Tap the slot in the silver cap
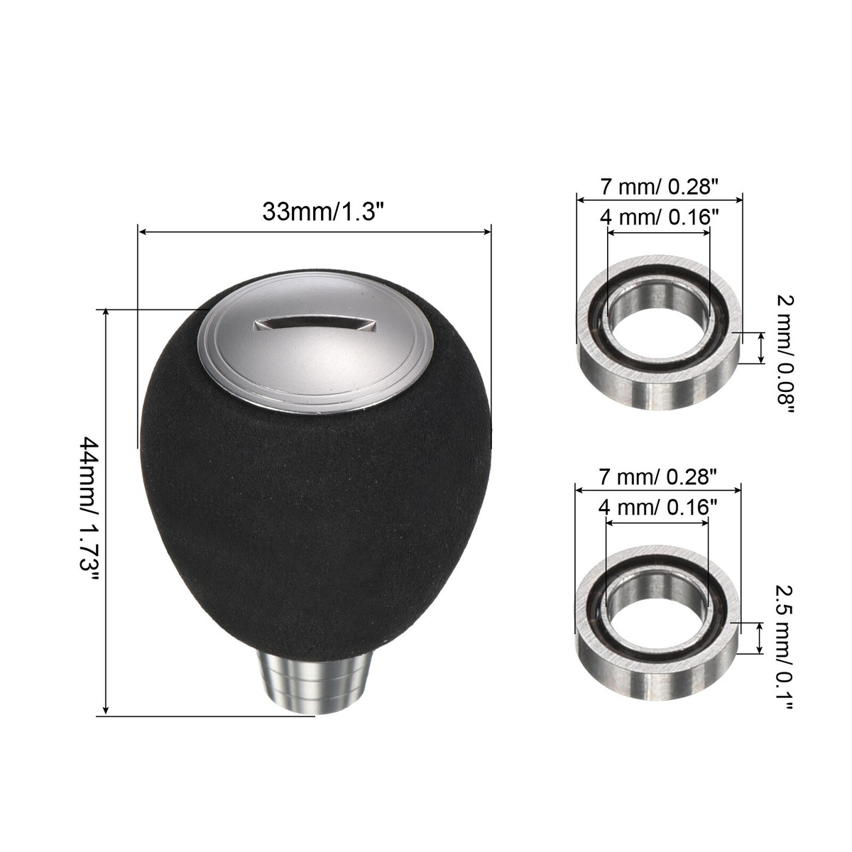click(x=313, y=324)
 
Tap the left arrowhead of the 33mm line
click(x=141, y=231)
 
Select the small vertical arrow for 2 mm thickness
click(x=762, y=348)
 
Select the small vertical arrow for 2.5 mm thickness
click(x=761, y=637)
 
